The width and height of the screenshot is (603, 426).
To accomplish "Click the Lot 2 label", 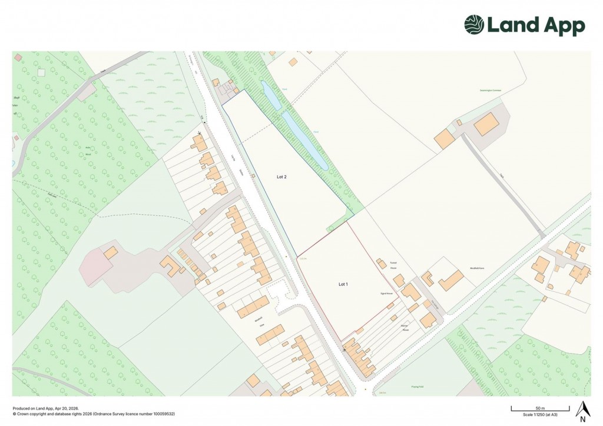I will click(281, 176).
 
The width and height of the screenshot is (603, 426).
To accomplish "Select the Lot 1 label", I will click(343, 284).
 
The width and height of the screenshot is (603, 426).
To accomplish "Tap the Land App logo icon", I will click(473, 25).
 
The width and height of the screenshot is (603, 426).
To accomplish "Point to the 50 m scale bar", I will click(539, 408).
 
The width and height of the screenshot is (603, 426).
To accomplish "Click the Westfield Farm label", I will click(481, 268).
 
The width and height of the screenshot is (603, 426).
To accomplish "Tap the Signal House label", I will click(386, 292).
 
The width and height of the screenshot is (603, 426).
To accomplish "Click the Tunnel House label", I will click(379, 265).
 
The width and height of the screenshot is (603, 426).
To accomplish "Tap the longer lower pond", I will click(305, 141).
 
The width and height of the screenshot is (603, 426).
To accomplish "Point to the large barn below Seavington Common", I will click(486, 124).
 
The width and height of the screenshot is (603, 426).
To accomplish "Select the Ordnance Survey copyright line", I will click(94, 414).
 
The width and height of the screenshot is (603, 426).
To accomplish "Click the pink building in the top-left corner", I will click(18, 57).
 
